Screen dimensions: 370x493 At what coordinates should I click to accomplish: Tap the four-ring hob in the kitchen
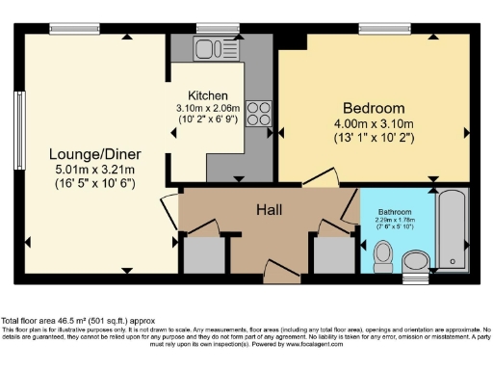(x=258, y=114)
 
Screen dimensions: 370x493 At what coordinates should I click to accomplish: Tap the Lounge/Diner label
(x=87, y=153)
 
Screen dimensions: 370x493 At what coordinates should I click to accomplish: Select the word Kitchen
(x=207, y=95)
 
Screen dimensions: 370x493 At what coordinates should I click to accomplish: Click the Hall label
(x=269, y=209)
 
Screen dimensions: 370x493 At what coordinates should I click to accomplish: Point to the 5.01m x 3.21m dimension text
(x=87, y=170)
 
